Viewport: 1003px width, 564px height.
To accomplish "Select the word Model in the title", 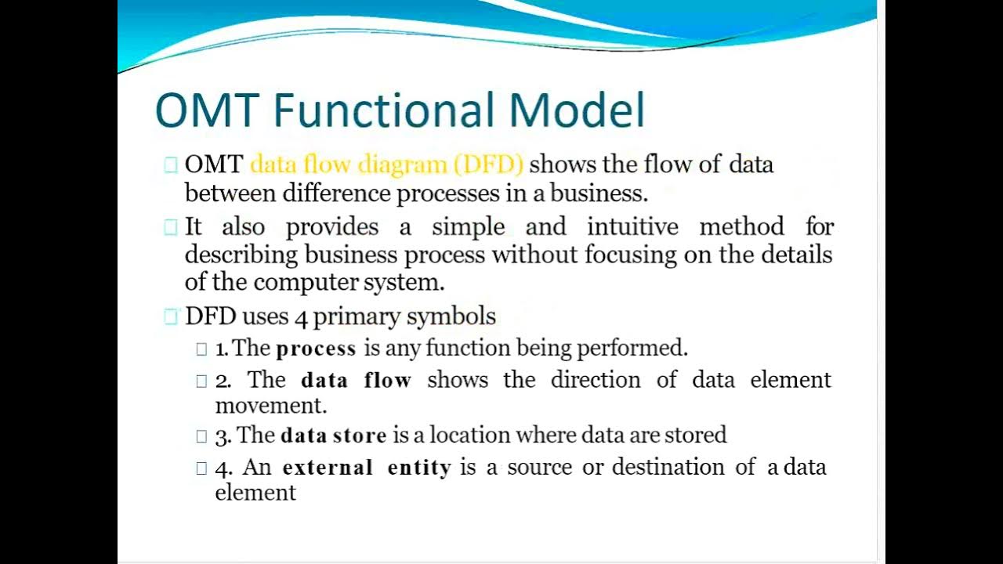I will click(577, 110).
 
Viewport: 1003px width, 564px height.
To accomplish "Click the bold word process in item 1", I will click(316, 349).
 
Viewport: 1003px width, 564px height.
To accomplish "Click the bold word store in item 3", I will click(360, 436).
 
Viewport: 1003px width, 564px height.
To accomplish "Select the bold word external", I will click(327, 468).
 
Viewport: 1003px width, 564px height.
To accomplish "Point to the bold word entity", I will click(419, 468).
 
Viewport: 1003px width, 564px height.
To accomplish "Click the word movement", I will click(270, 406).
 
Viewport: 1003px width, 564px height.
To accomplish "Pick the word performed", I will click(646, 348).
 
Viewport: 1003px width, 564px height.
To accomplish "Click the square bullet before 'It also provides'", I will click(171, 228).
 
